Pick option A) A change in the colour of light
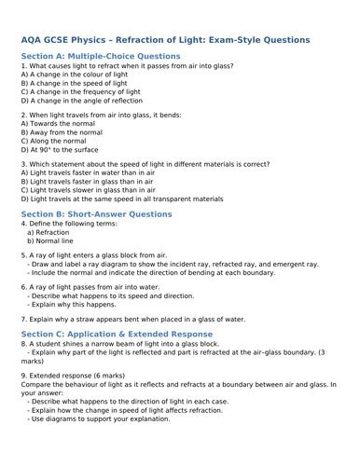(x=83, y=75)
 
